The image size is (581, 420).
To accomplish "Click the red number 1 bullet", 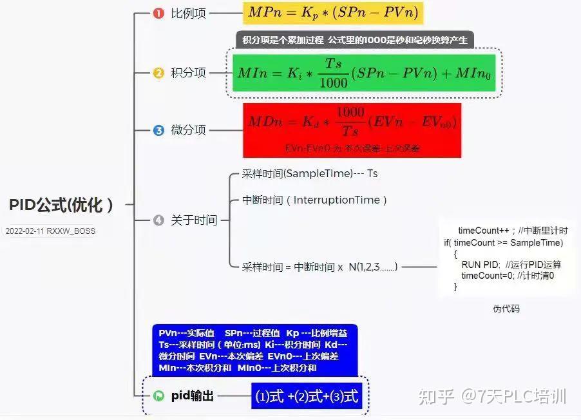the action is coord(158,14).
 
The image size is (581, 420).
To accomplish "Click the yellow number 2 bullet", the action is coord(158,73).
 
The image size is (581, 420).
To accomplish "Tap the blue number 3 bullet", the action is coord(158,130).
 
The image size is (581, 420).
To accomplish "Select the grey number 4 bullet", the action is coord(158,220).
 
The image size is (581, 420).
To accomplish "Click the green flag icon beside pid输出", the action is coord(158,396).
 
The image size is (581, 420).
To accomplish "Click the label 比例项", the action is coord(188,14).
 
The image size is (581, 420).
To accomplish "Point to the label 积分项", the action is coord(188,73).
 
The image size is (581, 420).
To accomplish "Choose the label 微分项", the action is coord(188,130).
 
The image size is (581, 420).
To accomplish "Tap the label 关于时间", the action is coord(193,220).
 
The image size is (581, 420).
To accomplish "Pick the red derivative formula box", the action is coord(352,129).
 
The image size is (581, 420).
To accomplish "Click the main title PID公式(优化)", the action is coord(62,205).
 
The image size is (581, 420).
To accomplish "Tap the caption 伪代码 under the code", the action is coord(506,309).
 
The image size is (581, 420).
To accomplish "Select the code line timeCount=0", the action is coord(507,275).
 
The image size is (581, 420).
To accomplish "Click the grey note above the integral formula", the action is coord(355,39).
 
